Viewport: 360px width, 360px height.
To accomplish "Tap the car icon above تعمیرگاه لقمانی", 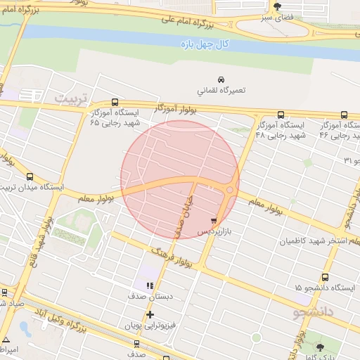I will point(221,79).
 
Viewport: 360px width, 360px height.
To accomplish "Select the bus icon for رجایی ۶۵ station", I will point(115,102).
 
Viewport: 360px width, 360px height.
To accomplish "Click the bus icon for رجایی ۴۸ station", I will point(281,115).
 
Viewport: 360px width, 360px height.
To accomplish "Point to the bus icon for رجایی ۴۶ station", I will point(344,115).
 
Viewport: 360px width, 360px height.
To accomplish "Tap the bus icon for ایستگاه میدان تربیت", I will point(30,177).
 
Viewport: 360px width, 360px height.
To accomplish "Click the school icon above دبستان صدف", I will point(149,285).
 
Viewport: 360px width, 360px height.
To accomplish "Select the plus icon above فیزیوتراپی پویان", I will point(149,314).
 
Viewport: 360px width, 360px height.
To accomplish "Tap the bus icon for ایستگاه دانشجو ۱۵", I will point(324,277).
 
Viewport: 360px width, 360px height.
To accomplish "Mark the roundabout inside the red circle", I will point(229,189).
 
